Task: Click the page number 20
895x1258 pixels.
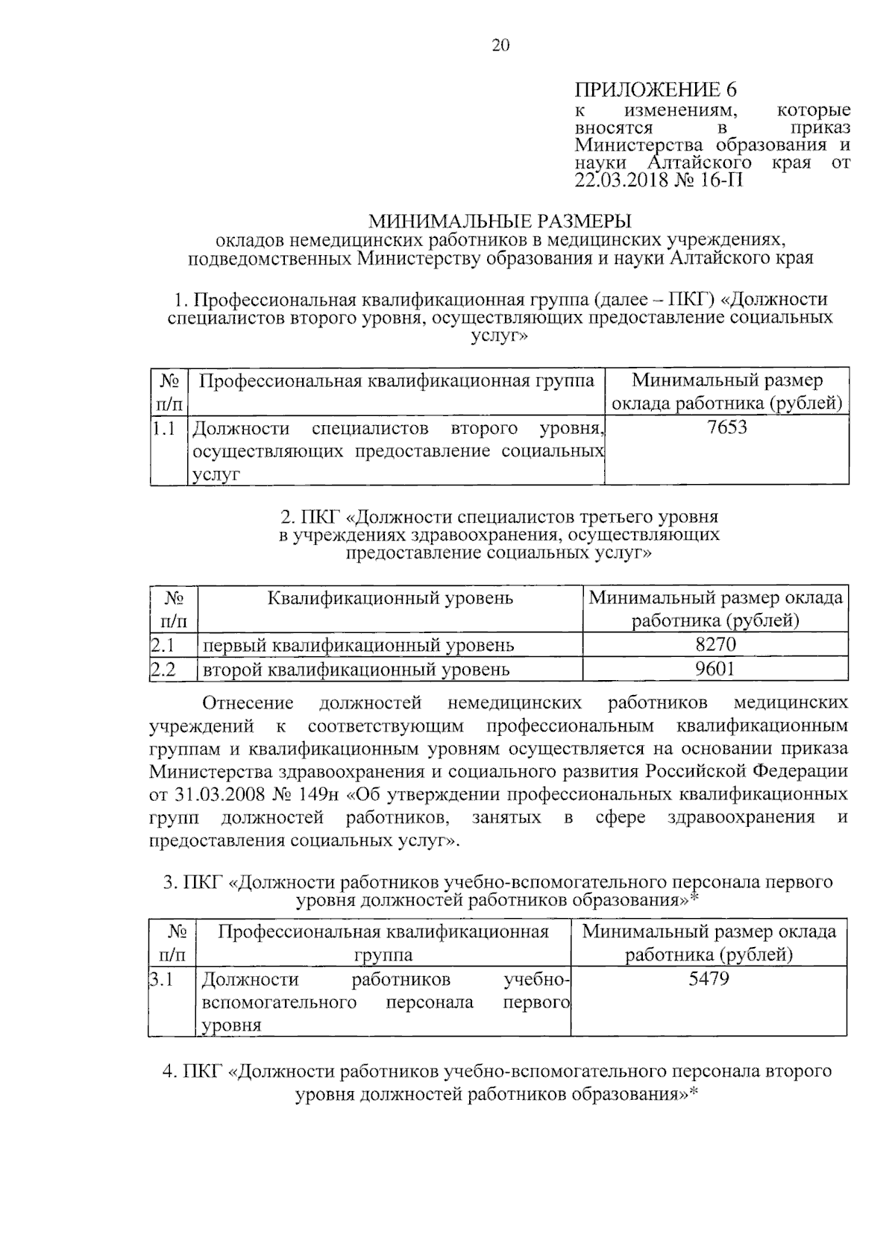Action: click(x=500, y=46)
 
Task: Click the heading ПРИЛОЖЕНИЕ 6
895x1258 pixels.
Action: click(x=656, y=91)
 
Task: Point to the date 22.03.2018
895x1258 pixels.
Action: click(x=623, y=180)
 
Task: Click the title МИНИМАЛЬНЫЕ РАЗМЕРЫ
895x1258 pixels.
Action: click(x=500, y=221)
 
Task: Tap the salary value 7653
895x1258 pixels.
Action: click(x=727, y=427)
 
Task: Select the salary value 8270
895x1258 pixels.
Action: click(x=715, y=644)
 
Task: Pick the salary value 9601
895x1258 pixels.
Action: click(x=715, y=669)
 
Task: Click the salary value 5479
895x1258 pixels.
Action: click(x=709, y=978)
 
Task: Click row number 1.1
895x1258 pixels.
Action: click(x=164, y=429)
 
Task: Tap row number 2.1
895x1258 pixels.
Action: click(x=163, y=644)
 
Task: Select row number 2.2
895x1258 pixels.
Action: click(x=163, y=669)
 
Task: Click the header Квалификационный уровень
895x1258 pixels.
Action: click(x=390, y=598)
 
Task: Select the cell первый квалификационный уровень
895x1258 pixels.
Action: click(x=359, y=645)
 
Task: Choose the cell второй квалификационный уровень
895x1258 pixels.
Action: click(x=357, y=670)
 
